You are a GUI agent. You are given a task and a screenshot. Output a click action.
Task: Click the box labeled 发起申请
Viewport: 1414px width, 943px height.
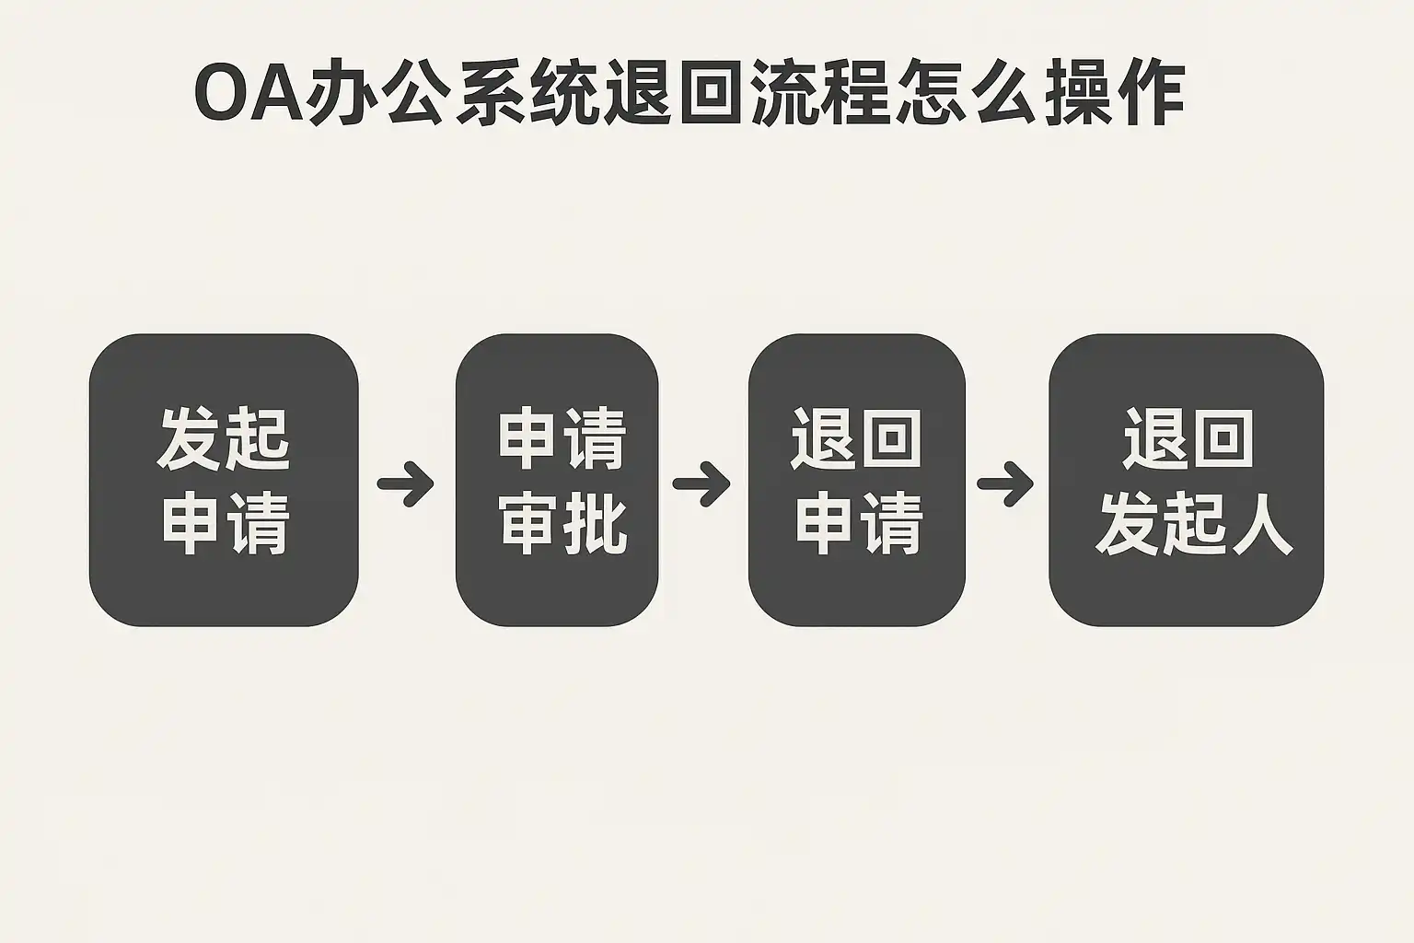point(223,480)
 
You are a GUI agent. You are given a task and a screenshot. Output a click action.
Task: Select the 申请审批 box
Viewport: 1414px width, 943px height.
point(557,480)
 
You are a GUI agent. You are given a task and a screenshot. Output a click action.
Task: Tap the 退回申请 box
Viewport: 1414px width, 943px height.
point(856,480)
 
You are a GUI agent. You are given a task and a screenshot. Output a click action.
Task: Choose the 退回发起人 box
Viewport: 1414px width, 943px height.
point(1186,480)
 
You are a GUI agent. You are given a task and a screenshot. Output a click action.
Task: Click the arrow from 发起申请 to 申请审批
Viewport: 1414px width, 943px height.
point(406,483)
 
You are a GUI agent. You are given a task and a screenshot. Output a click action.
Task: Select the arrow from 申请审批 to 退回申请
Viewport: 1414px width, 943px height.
point(701,483)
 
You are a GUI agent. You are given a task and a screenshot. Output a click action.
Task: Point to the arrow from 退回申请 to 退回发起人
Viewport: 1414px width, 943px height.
point(1005,483)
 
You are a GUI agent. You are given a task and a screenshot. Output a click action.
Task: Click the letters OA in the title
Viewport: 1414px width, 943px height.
point(249,96)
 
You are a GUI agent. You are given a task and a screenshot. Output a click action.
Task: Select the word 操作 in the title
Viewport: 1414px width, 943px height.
point(1111,96)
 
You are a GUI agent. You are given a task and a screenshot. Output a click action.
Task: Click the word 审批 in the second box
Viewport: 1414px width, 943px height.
point(563,525)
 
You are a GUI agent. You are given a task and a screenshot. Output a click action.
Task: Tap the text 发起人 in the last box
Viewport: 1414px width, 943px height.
point(1194,525)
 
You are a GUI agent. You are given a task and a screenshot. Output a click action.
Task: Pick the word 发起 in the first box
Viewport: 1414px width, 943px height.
point(224,439)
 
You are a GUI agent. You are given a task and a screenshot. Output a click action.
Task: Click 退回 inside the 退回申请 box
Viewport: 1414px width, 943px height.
point(856,439)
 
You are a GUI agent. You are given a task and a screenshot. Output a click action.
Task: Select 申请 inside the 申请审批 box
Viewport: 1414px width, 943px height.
point(562,439)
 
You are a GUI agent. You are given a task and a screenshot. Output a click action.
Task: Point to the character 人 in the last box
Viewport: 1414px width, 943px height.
point(1261,525)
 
